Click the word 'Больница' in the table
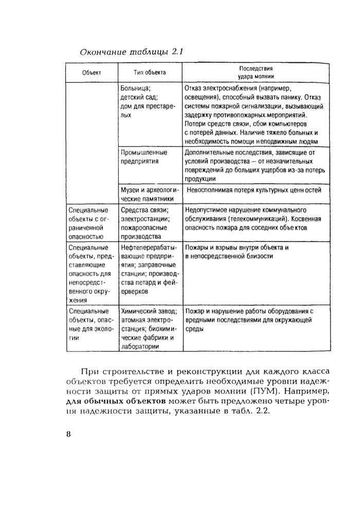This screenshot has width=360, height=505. (x=135, y=88)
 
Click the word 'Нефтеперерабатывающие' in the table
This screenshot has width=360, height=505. (x=149, y=248)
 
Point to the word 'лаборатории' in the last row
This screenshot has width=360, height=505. (x=139, y=346)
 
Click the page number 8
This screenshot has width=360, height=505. (x=69, y=433)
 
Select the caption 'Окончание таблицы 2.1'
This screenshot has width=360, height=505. (x=132, y=51)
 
